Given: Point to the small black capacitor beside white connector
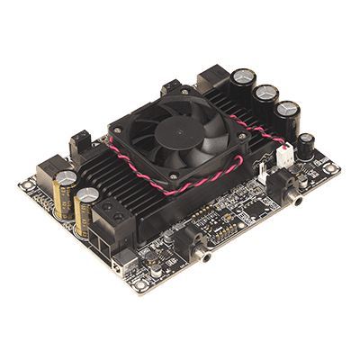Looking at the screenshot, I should click(306, 145).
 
